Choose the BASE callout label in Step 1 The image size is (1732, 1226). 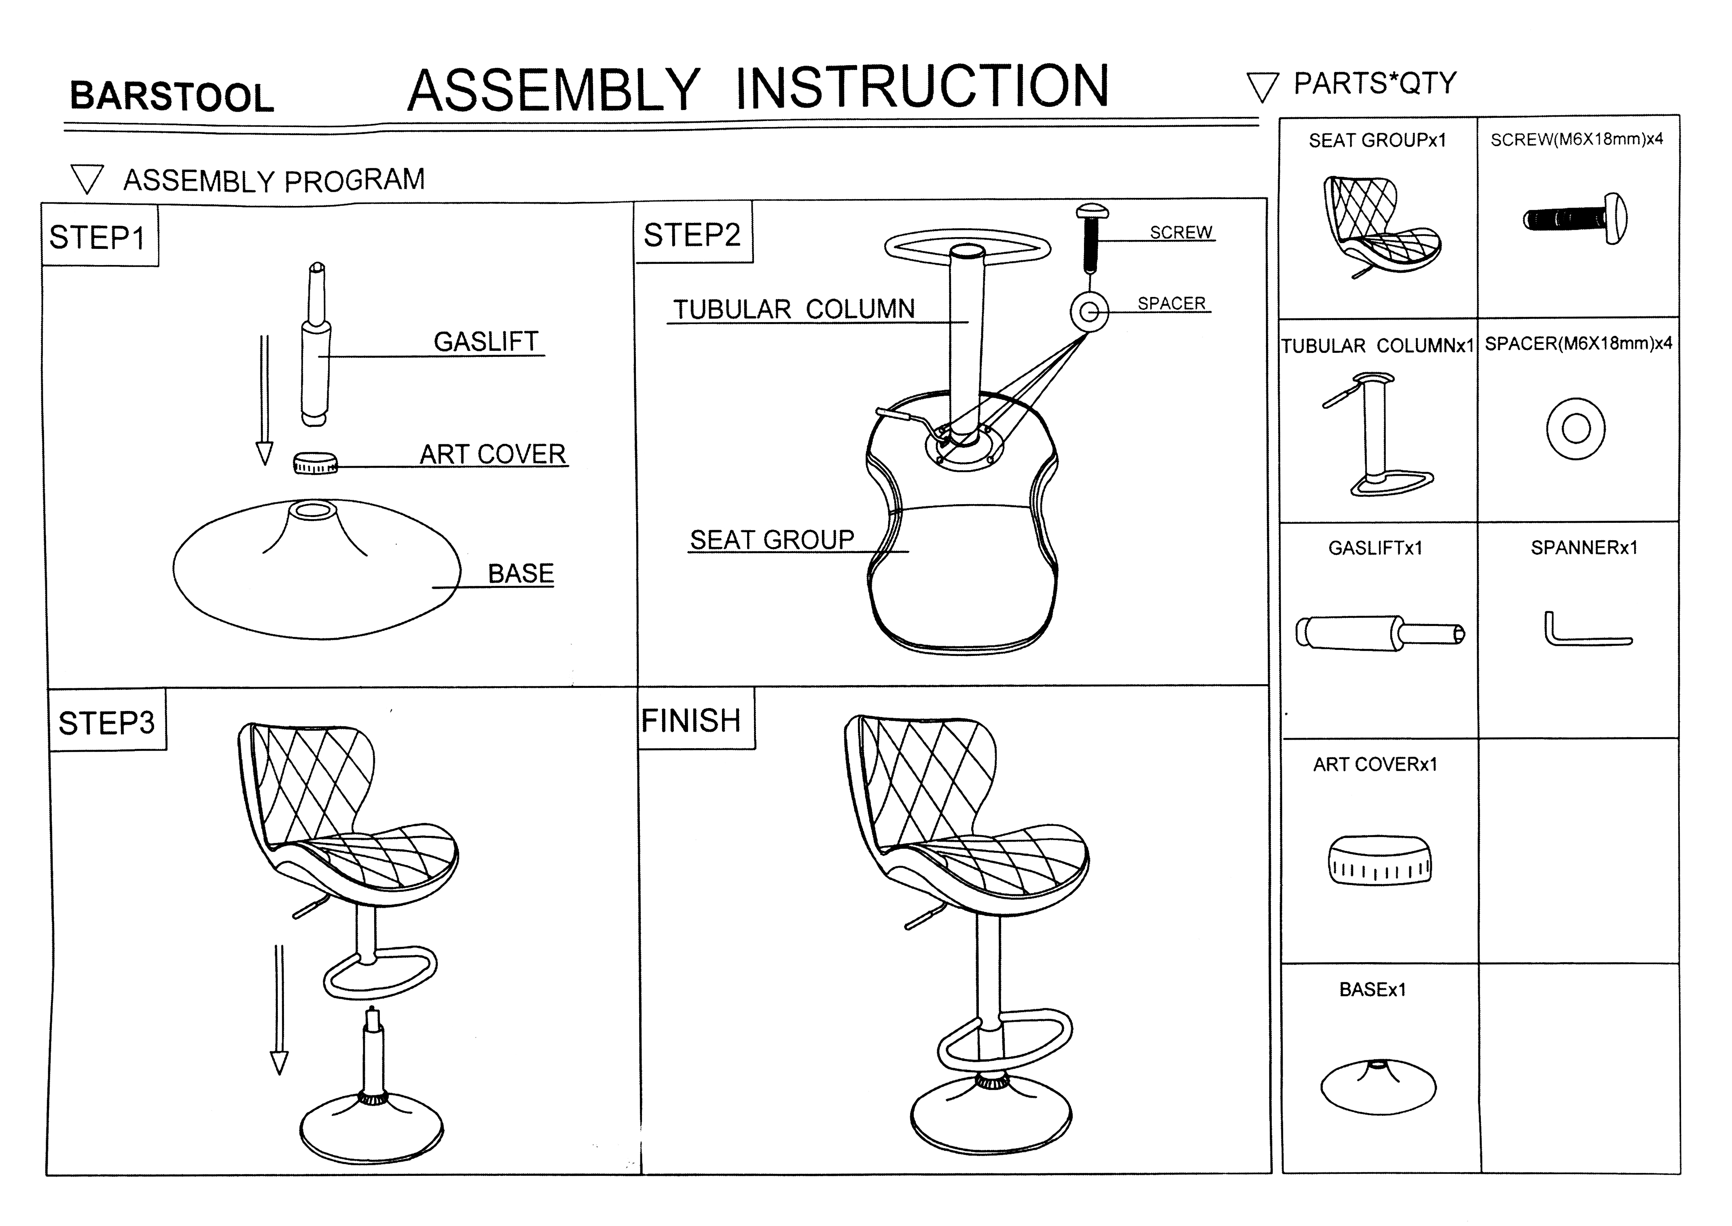pos(521,574)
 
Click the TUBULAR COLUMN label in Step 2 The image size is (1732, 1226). pos(794,310)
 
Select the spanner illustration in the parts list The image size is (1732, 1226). pos(1585,630)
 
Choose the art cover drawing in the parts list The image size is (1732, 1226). pos(1379,859)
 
